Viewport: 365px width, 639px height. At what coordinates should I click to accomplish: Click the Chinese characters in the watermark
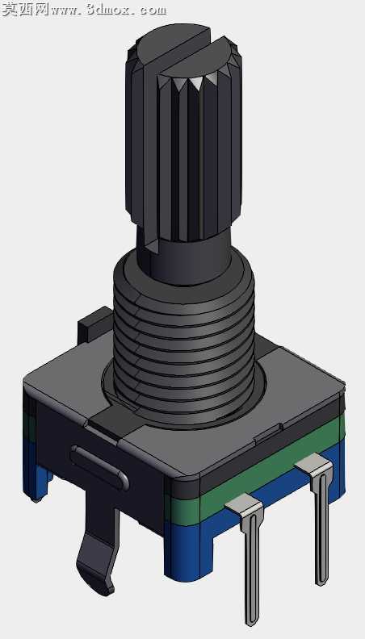25,9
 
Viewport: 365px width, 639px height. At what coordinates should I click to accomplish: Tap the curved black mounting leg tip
97,570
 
